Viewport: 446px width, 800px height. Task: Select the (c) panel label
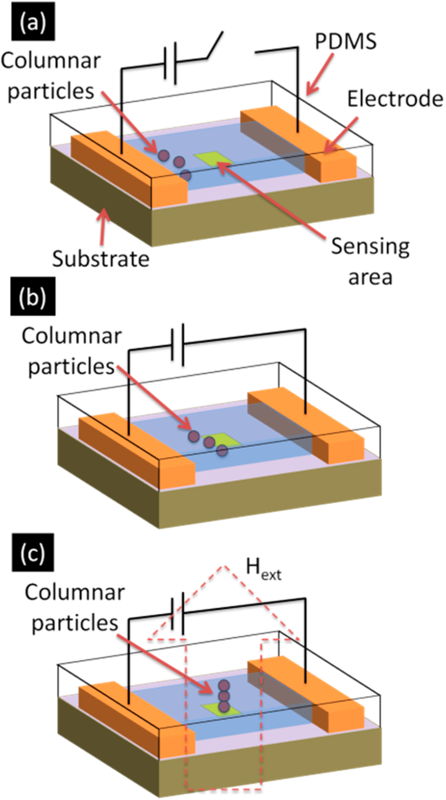tap(33, 554)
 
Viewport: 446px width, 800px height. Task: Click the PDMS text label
tap(346, 42)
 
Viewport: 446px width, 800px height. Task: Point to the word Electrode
tap(395, 99)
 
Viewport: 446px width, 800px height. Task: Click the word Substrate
tap(101, 259)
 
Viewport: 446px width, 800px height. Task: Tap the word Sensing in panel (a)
tap(370, 246)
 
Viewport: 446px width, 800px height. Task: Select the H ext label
tap(263, 569)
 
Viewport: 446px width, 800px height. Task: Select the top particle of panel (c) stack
tap(224, 685)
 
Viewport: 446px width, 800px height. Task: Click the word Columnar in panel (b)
tap(72, 336)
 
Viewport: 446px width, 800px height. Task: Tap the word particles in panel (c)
tap(75, 623)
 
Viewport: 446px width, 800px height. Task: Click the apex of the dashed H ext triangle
tap(223, 566)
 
